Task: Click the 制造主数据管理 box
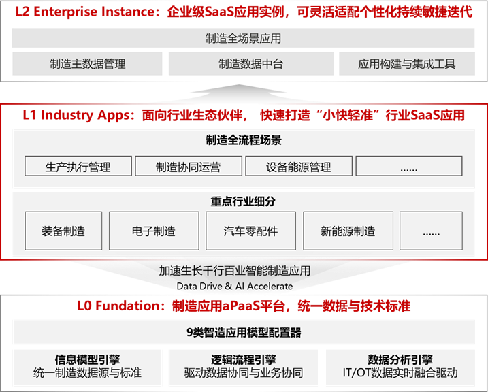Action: tap(87, 64)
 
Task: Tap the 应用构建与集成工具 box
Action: tap(407, 64)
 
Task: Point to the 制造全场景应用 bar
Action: tap(243, 39)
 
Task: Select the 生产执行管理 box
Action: tap(78, 167)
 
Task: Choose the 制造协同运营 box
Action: tap(188, 167)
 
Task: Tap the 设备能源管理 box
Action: tap(299, 167)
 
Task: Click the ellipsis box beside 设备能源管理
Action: tap(408, 167)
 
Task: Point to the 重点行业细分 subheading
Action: tap(243, 201)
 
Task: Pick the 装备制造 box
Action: tap(63, 231)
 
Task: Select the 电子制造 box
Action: tap(154, 231)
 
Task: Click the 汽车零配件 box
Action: tap(250, 231)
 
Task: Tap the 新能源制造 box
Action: tap(348, 231)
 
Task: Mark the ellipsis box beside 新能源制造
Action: tap(431, 231)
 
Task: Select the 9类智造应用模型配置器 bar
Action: tap(243, 333)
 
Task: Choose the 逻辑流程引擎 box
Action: tap(244, 366)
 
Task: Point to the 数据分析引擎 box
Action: tap(400, 366)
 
